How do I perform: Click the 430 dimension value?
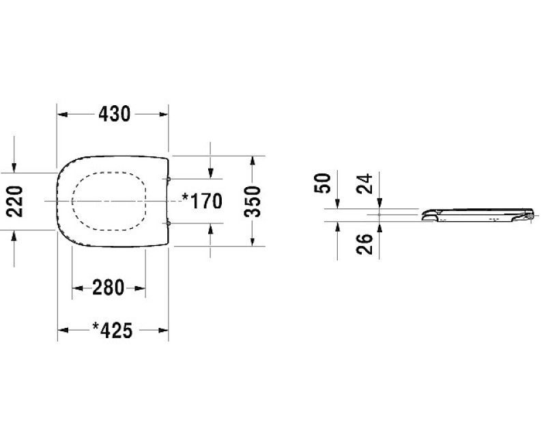click(114, 114)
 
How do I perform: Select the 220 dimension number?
click(16, 202)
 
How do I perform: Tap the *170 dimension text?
click(202, 201)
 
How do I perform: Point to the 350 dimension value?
click(253, 202)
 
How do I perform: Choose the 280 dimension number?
click(109, 288)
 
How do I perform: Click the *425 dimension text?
click(113, 331)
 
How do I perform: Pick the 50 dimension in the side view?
click(322, 183)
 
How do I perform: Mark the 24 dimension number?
click(364, 184)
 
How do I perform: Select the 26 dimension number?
click(364, 244)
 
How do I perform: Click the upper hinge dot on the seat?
click(169, 179)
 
